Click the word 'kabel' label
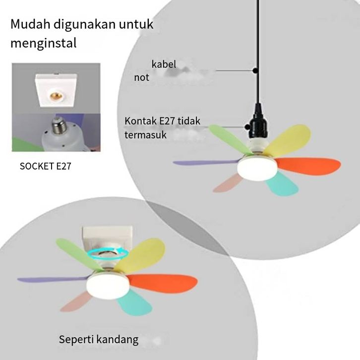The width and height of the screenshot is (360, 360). pos(164,64)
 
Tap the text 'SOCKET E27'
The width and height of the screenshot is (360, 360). pos(46,166)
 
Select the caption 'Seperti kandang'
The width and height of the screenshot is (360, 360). pos(99,340)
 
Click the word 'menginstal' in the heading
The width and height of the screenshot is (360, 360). pos(44,43)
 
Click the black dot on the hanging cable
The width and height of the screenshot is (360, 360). pos(255,70)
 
